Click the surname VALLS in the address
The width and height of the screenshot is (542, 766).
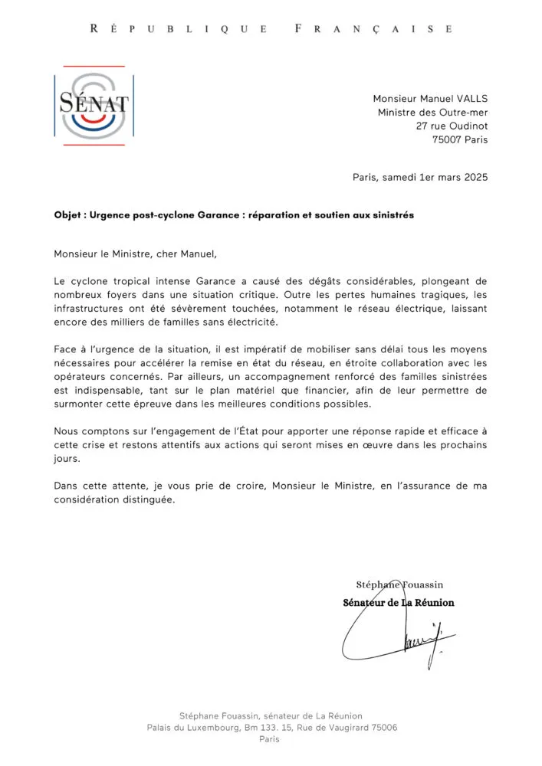click(x=468, y=99)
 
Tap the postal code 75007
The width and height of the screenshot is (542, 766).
click(x=449, y=140)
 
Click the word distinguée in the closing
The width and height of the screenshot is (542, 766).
click(x=148, y=499)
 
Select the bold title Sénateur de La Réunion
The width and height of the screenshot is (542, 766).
click(x=398, y=603)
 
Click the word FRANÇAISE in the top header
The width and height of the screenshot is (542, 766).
click(x=373, y=29)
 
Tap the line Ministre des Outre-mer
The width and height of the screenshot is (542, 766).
click(x=432, y=113)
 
